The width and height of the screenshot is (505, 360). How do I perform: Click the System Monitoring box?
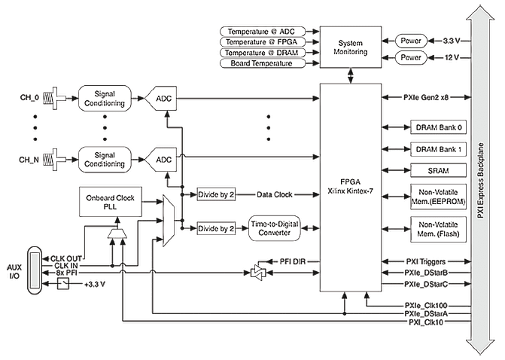(351, 47)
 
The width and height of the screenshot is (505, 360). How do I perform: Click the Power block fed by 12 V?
(411, 58)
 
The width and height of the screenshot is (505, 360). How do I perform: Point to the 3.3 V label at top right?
(452, 41)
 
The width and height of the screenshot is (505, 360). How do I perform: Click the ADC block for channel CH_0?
(161, 99)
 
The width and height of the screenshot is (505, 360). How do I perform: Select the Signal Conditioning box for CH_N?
(105, 160)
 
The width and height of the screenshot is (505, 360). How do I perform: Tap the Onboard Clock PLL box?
(111, 202)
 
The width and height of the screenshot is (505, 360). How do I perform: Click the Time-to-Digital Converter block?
(275, 228)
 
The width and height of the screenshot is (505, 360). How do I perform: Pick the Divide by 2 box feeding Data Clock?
(216, 194)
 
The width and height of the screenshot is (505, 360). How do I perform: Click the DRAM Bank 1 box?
(438, 149)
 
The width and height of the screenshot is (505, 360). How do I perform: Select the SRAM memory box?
(438, 170)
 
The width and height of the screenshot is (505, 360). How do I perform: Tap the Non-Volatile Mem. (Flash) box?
(438, 229)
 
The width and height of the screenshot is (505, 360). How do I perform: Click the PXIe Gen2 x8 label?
(426, 97)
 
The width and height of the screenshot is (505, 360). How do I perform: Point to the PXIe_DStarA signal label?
(426, 313)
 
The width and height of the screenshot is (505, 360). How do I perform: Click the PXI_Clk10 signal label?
(426, 322)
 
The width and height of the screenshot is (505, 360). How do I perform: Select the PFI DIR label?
(293, 261)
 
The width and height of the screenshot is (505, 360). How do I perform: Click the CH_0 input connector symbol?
(55, 98)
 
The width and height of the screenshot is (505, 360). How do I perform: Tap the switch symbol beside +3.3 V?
(63, 284)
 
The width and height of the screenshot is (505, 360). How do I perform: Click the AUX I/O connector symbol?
(34, 270)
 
